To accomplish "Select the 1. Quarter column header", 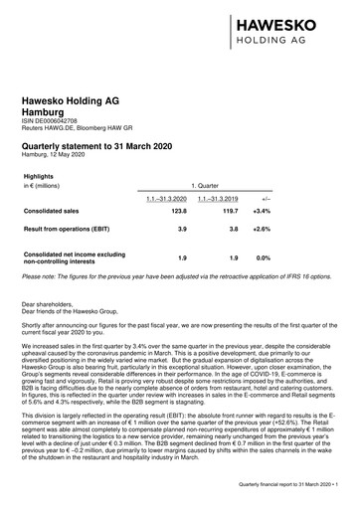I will pyautogui.click(x=205, y=186).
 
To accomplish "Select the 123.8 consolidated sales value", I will pyautogui.click(x=178, y=213).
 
